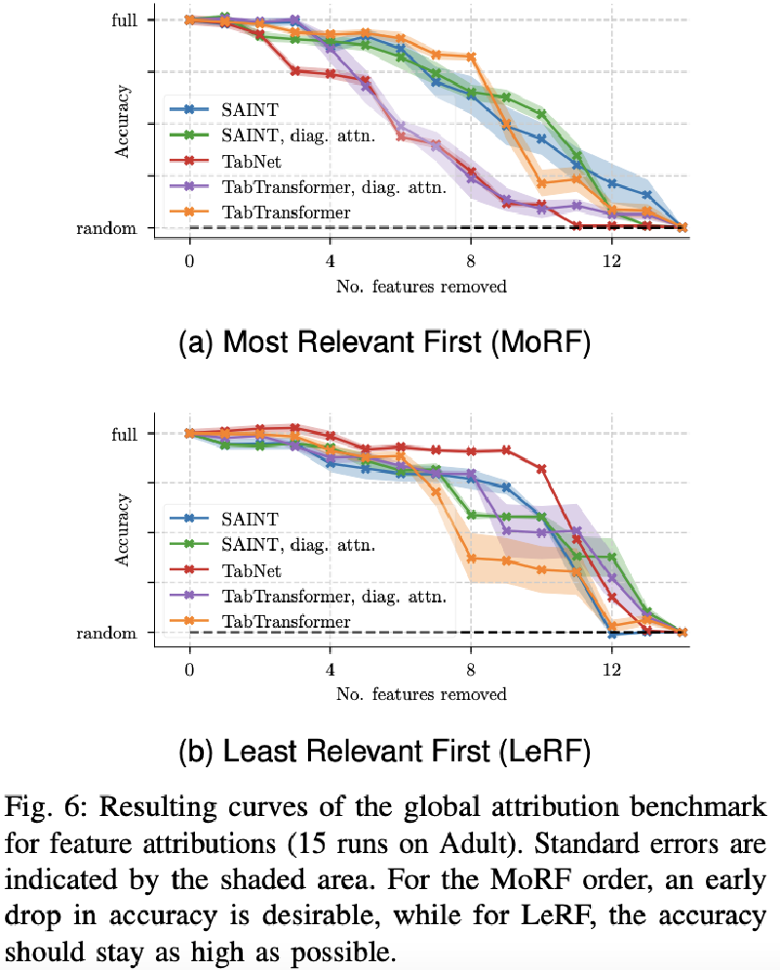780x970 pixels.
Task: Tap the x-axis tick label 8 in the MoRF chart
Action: (471, 262)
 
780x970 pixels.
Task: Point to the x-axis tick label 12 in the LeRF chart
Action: (611, 670)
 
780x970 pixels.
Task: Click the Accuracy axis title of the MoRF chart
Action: (123, 121)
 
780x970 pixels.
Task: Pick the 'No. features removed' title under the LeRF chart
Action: (420, 694)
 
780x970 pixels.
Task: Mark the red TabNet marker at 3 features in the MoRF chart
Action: (295, 71)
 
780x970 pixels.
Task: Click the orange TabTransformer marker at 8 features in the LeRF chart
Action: (471, 559)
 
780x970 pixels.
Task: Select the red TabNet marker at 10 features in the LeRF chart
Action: (541, 469)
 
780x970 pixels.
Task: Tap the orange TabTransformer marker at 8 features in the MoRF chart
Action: (471, 57)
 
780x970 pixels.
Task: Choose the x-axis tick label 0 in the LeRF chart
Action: (189, 670)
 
